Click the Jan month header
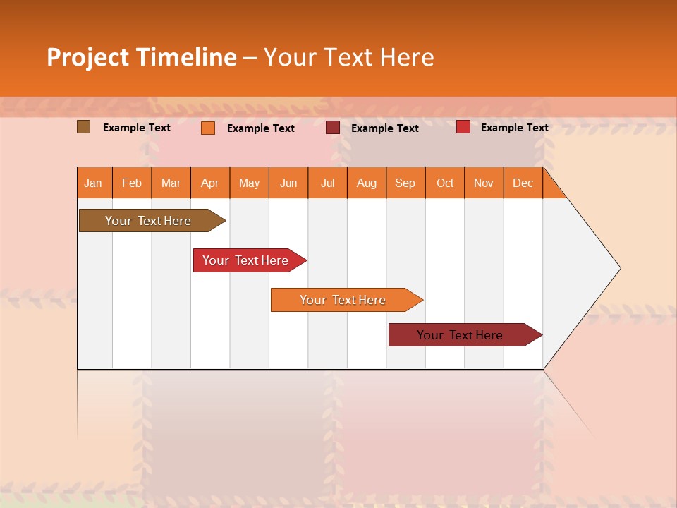pyautogui.click(x=94, y=183)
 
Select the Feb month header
pyautogui.click(x=132, y=183)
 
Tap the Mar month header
pyautogui.click(x=171, y=183)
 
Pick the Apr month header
pyautogui.click(x=210, y=183)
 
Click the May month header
pyautogui.click(x=249, y=183)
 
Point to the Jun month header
pyautogui.click(x=288, y=183)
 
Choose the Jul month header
pyautogui.click(x=327, y=183)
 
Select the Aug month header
pyautogui.click(x=367, y=183)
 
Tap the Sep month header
pyautogui.click(x=405, y=183)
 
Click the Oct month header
pyautogui.click(x=445, y=183)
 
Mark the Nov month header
pyautogui.click(x=484, y=183)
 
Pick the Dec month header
pyautogui.click(x=523, y=183)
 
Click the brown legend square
pyautogui.click(x=84, y=127)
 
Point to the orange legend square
pyautogui.click(x=208, y=128)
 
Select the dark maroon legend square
pyautogui.click(x=333, y=128)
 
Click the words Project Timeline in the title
pyautogui.click(x=142, y=57)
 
